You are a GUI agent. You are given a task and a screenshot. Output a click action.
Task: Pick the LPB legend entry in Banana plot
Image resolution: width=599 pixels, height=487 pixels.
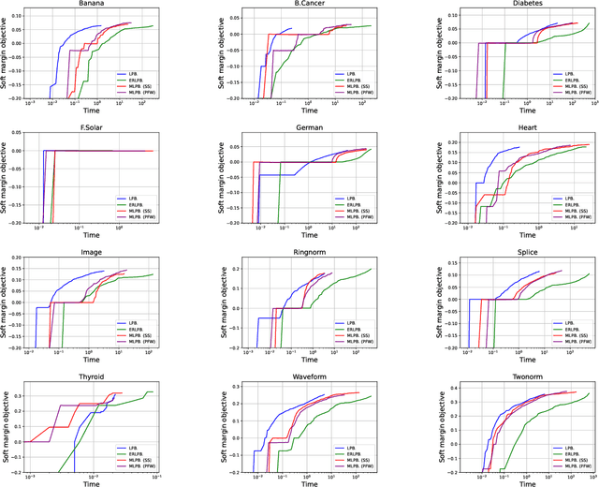[x=129, y=73]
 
